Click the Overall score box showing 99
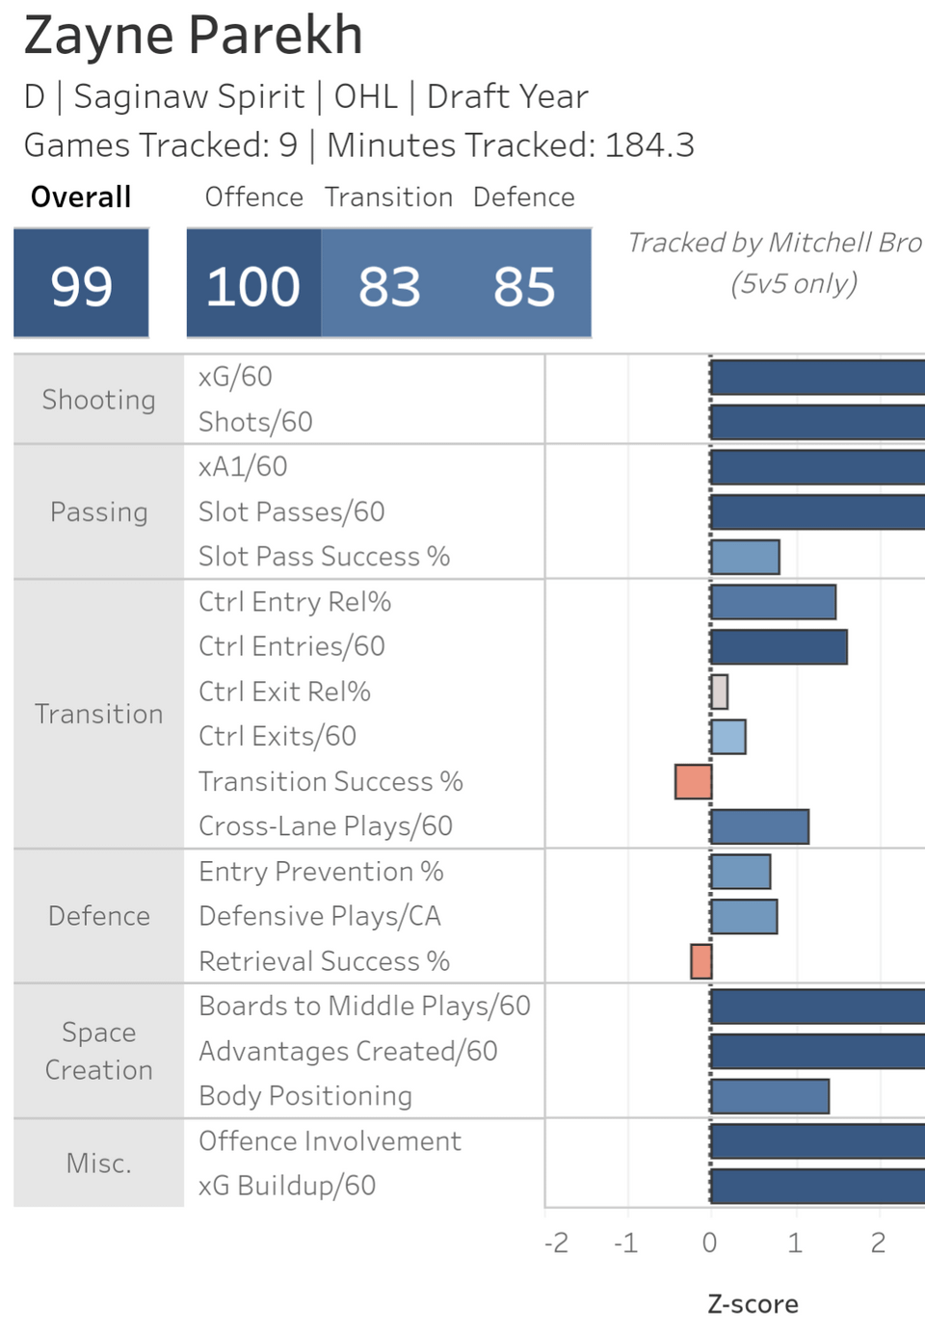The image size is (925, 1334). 81,284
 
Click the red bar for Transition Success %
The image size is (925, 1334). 693,781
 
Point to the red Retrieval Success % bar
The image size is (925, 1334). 701,961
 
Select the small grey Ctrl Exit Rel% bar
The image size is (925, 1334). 719,692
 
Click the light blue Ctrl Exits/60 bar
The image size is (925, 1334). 728,737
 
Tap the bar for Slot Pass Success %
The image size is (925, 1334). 745,557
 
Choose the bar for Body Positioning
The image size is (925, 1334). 770,1096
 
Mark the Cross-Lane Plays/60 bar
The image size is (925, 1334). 759,826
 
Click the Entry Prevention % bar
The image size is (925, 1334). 741,872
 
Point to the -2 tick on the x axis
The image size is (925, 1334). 556,1243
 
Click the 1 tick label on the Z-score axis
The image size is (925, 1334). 795,1243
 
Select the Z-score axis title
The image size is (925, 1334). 753,1304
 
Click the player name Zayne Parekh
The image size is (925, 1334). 194,36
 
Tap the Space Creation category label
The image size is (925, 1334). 98,1051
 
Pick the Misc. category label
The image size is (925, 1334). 98,1164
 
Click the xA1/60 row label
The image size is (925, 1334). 243,467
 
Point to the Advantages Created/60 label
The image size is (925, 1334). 348,1051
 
